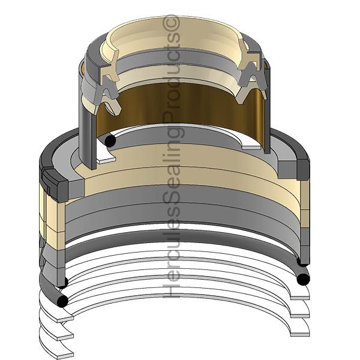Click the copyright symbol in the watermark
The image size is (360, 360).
point(171,23)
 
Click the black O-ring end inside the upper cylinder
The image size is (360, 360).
point(110,140)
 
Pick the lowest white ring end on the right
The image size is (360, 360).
point(299,334)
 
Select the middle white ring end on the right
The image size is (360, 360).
point(299,316)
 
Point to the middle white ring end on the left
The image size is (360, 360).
point(65,337)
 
